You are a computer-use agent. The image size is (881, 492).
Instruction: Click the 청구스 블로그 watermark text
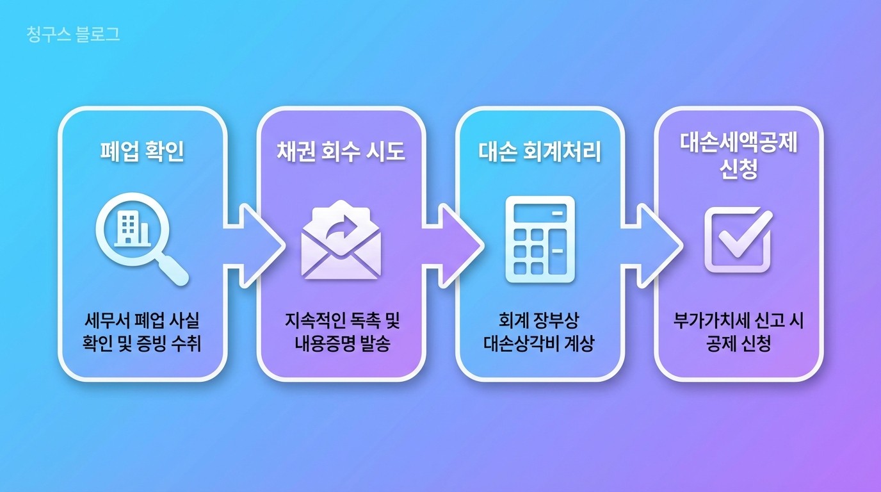(x=74, y=35)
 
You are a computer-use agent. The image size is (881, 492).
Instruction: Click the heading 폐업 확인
(x=142, y=152)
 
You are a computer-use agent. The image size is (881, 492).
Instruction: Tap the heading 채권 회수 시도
(x=341, y=152)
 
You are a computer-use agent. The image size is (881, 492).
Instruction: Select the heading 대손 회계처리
(x=540, y=152)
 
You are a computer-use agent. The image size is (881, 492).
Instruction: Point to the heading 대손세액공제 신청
(x=738, y=157)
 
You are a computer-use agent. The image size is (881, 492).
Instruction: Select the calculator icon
(x=540, y=240)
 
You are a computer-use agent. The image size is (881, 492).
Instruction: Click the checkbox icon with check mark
(x=738, y=240)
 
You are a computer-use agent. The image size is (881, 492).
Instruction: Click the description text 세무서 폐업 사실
(x=142, y=320)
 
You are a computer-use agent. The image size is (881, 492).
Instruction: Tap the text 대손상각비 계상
(x=540, y=343)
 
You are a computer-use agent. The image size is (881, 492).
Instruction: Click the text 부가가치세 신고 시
(x=738, y=320)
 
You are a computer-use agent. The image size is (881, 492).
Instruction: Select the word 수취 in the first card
(x=188, y=343)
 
